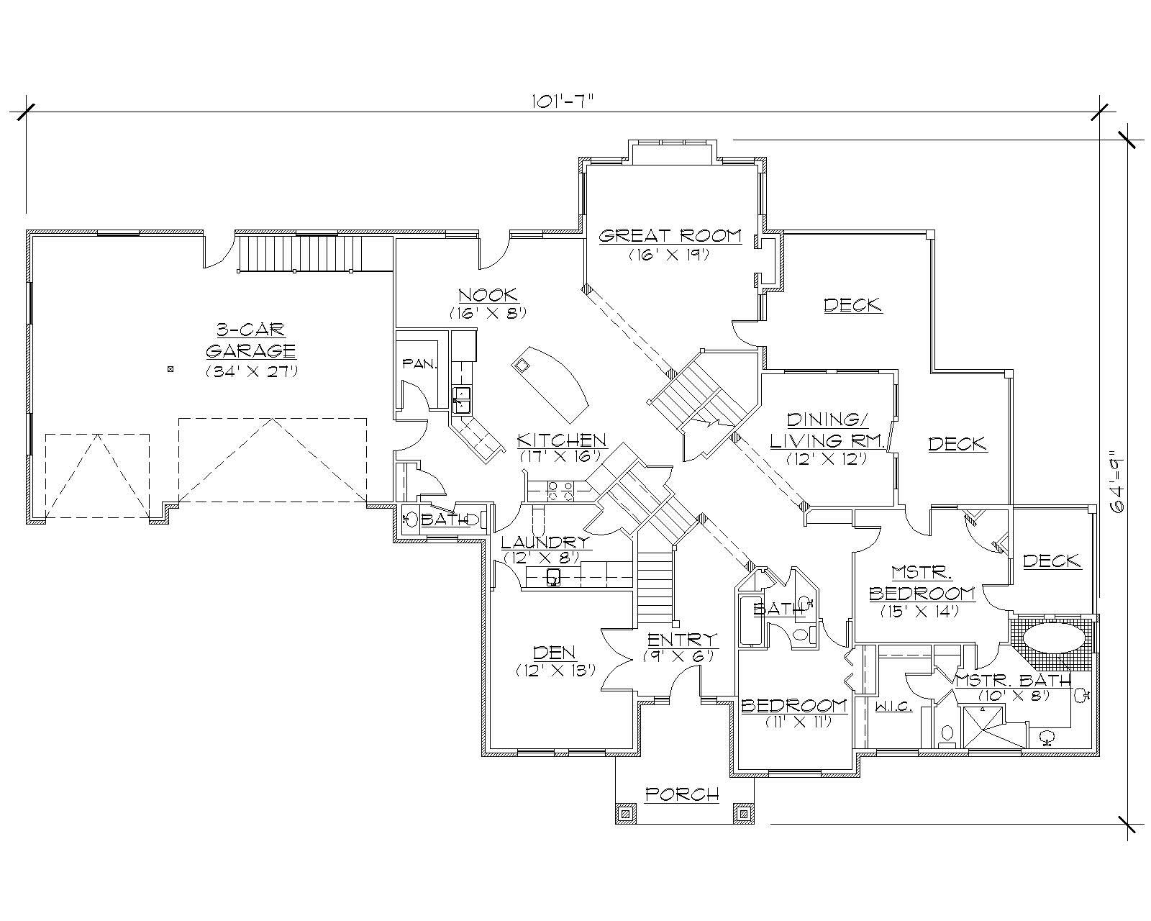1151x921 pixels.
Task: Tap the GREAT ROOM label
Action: pyautogui.click(x=670, y=236)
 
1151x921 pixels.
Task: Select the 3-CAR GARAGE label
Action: pyautogui.click(x=251, y=340)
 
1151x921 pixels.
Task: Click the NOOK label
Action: pyautogui.click(x=488, y=294)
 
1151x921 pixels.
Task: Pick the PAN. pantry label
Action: pyautogui.click(x=419, y=364)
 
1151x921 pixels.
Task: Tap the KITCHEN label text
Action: pyautogui.click(x=562, y=440)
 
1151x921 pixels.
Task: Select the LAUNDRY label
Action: pyautogui.click(x=546, y=542)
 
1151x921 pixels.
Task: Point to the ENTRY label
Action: pyautogui.click(x=682, y=640)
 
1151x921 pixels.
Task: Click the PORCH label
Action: pyautogui.click(x=682, y=794)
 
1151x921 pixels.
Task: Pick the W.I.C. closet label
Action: pyautogui.click(x=894, y=707)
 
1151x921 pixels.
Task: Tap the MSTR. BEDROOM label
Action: pyautogui.click(x=922, y=583)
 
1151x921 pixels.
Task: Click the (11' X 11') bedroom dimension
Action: pyautogui.click(x=793, y=721)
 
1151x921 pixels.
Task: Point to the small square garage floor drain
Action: pyautogui.click(x=170, y=370)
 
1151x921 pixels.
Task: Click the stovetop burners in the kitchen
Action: pyautogui.click(x=561, y=491)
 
